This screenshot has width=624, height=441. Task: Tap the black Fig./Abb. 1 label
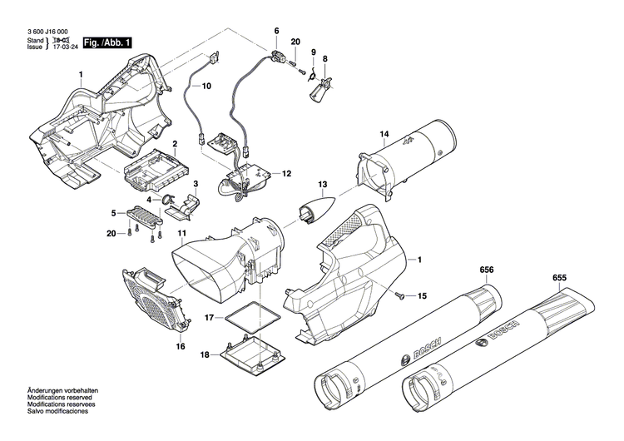[x=106, y=42]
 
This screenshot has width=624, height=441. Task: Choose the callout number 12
[x=287, y=174]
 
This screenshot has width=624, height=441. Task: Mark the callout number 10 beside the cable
[x=206, y=86]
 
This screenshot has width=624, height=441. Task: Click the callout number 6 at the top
[x=277, y=31]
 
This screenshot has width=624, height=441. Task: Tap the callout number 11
[x=181, y=211]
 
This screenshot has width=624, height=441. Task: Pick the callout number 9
[x=314, y=52]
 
